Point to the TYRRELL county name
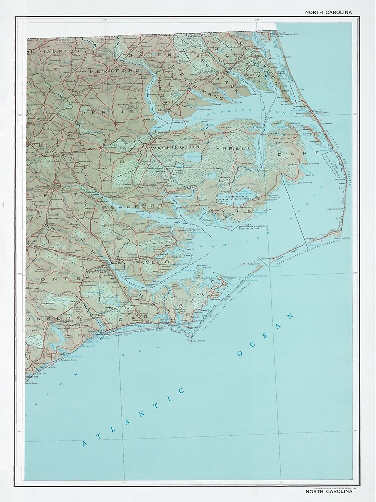coord(225,150)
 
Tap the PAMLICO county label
coord(147,262)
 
